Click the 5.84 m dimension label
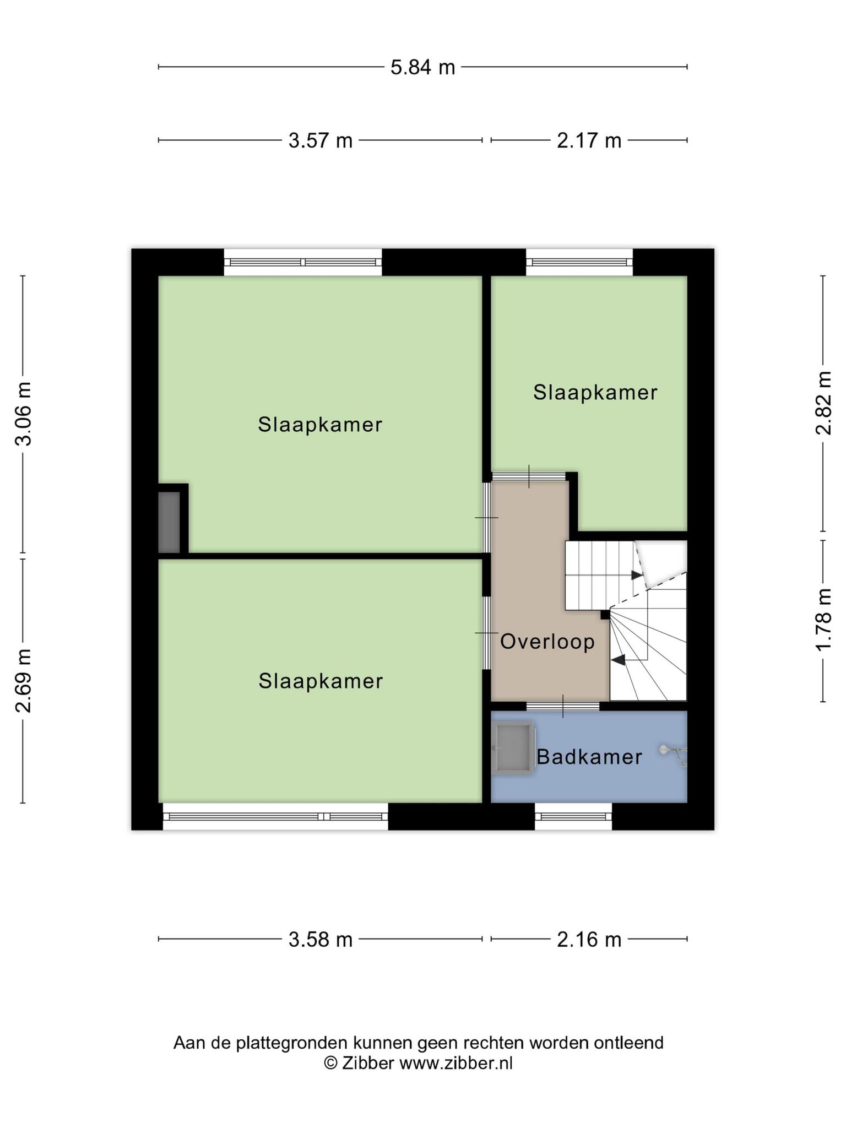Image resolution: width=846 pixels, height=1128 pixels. pos(422,67)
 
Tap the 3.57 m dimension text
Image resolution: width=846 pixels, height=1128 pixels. pos(321,140)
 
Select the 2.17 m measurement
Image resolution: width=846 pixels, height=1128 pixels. pos(589,140)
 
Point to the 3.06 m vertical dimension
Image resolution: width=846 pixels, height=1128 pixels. pos(24,414)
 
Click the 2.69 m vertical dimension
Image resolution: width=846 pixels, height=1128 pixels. pos(24,681)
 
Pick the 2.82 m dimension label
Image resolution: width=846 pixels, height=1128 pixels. pos(823,403)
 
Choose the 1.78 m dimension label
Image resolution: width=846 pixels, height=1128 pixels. pos(823,620)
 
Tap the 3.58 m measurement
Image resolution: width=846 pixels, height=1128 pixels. pos(321,939)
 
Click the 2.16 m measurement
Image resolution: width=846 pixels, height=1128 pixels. pos(589,939)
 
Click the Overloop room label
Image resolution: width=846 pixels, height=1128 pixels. pos(547,642)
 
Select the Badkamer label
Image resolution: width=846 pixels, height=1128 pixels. pos(589,757)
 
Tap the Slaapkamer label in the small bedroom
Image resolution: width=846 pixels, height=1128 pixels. pos(595,393)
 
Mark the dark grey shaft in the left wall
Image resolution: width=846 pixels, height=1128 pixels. pos(169,522)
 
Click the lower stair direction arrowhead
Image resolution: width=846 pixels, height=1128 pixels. pos(617,659)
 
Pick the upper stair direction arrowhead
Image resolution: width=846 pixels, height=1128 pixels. pos(637,575)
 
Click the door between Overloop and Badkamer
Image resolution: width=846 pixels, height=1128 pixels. pos(563,706)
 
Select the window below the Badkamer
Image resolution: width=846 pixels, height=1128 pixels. pos(573,816)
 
